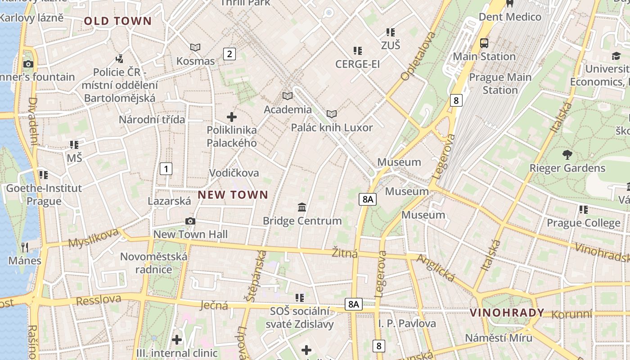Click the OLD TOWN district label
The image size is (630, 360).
[x=118, y=21]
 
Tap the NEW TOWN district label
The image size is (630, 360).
[x=233, y=195]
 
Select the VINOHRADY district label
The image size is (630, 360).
[x=507, y=313]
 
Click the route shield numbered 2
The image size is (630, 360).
[x=229, y=54]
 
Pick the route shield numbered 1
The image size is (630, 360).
[x=166, y=169]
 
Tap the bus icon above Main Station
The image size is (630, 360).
[x=484, y=43]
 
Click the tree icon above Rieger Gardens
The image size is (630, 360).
[x=567, y=155]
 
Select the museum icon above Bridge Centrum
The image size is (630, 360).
[x=302, y=207]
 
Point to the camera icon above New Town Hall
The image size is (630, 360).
[x=190, y=221]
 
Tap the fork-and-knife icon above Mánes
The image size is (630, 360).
[x=25, y=247]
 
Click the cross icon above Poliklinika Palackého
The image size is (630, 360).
[x=232, y=117]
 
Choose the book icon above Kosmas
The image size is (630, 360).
[x=195, y=47]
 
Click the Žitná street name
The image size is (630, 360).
[x=345, y=253]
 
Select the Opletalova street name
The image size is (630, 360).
[x=418, y=56]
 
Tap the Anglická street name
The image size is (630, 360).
[x=436, y=268]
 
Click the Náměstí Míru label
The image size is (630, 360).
[x=498, y=338]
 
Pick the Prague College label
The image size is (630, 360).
[x=583, y=223]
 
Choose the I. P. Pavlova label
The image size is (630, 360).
[x=407, y=324]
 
